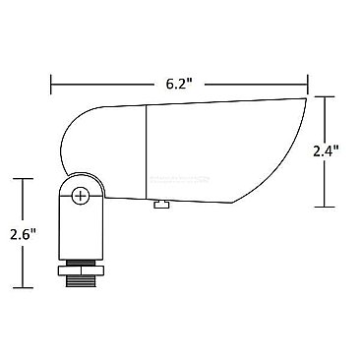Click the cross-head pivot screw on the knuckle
point(82,195)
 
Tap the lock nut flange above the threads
point(82,265)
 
